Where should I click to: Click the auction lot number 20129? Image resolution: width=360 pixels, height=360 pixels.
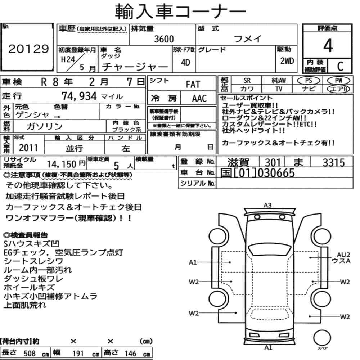pos(28,49)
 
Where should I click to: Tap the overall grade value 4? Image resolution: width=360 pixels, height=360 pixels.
pos(328,45)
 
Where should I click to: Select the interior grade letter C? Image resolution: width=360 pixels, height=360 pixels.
pos(340,66)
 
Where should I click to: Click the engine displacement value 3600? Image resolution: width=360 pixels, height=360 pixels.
pos(164,39)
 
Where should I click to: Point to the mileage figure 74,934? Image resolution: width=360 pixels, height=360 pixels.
pos(79,96)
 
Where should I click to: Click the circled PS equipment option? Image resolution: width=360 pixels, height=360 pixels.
pos(309,81)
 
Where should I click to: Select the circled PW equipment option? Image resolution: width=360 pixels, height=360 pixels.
pos(338,81)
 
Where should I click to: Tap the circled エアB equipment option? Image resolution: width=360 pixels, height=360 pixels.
pos(338,89)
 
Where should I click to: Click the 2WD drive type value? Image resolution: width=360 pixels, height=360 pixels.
pos(287,61)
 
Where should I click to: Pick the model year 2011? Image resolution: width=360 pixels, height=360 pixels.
pos(28,148)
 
